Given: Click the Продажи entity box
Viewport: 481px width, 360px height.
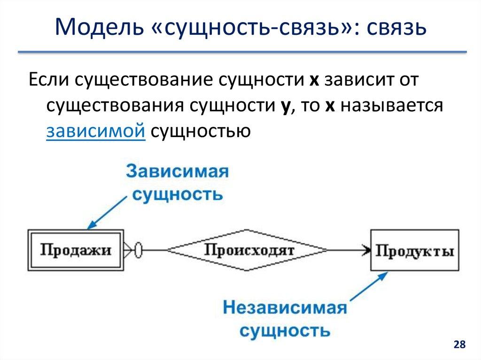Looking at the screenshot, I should [76, 250].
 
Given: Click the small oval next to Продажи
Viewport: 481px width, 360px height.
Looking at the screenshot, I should [138, 250].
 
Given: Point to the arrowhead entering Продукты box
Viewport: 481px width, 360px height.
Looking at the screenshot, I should [365, 250].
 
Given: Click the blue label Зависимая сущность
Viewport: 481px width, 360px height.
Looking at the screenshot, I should [177, 182].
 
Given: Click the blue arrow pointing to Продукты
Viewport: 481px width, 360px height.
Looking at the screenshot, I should [369, 287].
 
